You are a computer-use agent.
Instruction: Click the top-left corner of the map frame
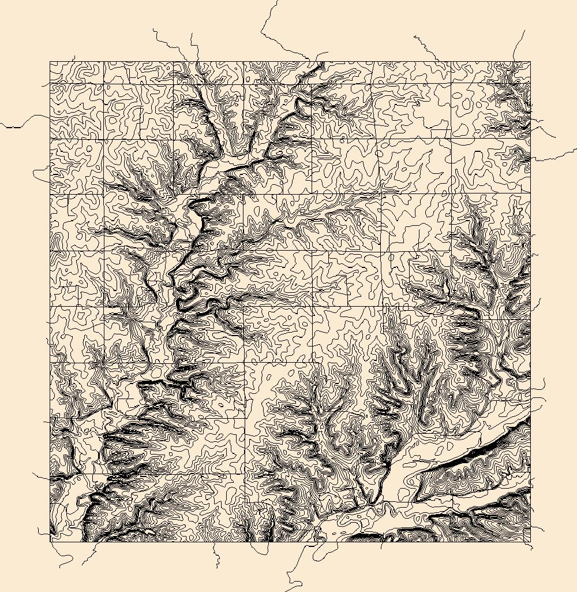[x=50, y=62]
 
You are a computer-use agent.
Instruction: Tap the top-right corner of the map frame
[x=530, y=62]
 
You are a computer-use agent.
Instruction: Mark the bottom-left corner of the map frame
[x=50, y=541]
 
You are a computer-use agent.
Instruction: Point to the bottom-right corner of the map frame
[x=530, y=541]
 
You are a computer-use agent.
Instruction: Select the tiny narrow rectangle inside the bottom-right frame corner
[x=526, y=537]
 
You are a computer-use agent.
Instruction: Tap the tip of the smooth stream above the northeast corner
[x=524, y=31]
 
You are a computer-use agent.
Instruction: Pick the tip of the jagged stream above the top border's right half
[x=414, y=36]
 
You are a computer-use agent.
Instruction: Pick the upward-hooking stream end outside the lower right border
[x=544, y=381]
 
